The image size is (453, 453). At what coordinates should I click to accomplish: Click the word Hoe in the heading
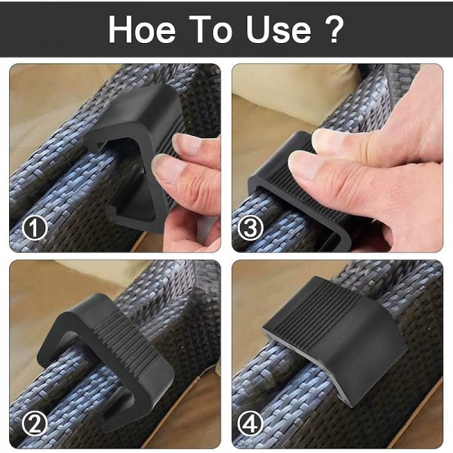[x=142, y=29]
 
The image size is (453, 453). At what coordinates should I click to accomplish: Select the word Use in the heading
[x=279, y=29]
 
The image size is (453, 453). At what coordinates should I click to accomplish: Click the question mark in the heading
[x=333, y=29]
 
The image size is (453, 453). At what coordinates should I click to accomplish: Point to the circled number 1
[x=35, y=228]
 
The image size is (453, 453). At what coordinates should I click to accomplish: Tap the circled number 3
[x=250, y=228]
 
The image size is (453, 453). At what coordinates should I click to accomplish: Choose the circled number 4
[x=250, y=424]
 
